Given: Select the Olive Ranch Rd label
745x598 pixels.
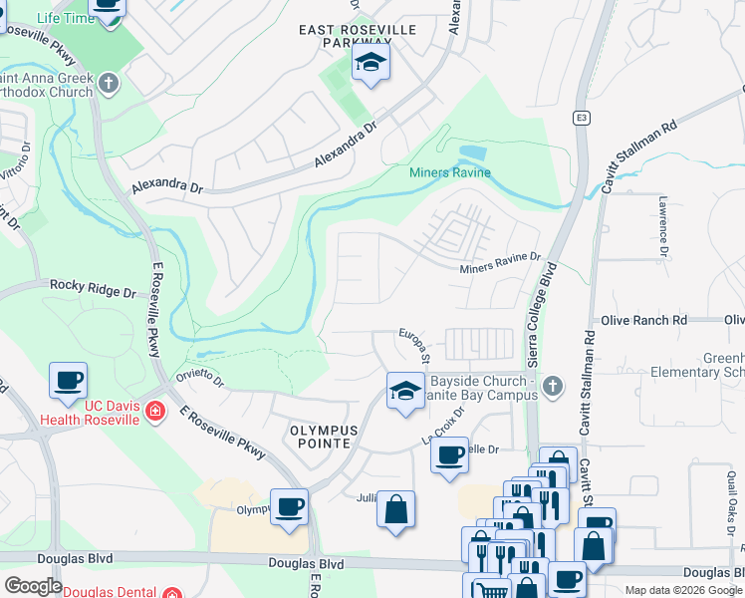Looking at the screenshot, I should coord(644,320).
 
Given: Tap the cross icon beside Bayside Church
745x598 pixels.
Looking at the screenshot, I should coord(555,385).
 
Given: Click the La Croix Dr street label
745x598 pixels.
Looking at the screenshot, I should coord(443,426).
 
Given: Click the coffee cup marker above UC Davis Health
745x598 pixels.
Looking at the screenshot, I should coord(68,380).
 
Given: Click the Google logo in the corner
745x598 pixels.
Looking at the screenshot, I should coord(33,585).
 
